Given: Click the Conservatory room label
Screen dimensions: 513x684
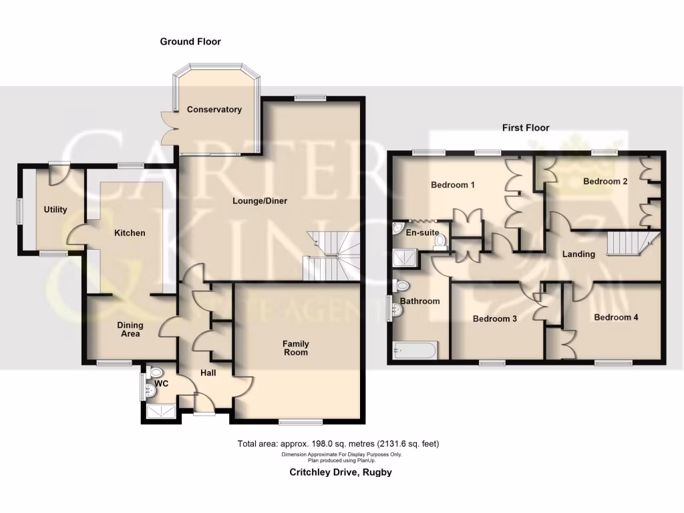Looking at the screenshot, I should pyautogui.click(x=214, y=110).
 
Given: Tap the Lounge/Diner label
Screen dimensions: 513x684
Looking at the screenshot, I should pyautogui.click(x=260, y=200).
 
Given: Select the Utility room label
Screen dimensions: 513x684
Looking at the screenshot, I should pyautogui.click(x=55, y=210).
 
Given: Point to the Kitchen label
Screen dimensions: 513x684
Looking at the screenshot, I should pyautogui.click(x=130, y=233).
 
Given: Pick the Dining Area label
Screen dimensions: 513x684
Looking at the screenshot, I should pyautogui.click(x=130, y=329).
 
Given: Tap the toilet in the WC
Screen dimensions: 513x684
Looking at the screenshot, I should pyautogui.click(x=158, y=373).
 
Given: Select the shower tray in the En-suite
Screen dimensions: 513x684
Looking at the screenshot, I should pyautogui.click(x=403, y=256).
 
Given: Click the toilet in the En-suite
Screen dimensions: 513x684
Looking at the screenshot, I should pyautogui.click(x=440, y=247).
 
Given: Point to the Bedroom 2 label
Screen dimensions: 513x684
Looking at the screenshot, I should pyautogui.click(x=605, y=182).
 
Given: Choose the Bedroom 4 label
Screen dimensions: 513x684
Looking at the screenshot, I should pyautogui.click(x=616, y=317).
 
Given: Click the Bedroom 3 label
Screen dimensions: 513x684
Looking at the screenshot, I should pyautogui.click(x=495, y=319).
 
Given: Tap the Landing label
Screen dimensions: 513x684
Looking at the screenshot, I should pyautogui.click(x=578, y=254).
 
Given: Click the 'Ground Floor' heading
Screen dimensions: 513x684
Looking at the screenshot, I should pyautogui.click(x=190, y=41).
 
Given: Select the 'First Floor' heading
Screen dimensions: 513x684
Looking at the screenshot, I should pyautogui.click(x=526, y=128).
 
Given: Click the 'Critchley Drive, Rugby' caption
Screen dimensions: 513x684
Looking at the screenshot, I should pyautogui.click(x=340, y=472).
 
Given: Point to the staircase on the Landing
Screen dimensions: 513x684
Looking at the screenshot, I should pyautogui.click(x=629, y=244).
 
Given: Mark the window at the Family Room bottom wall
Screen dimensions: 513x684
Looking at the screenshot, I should pyautogui.click(x=299, y=421).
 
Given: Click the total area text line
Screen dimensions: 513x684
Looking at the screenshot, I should pyautogui.click(x=338, y=444).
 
